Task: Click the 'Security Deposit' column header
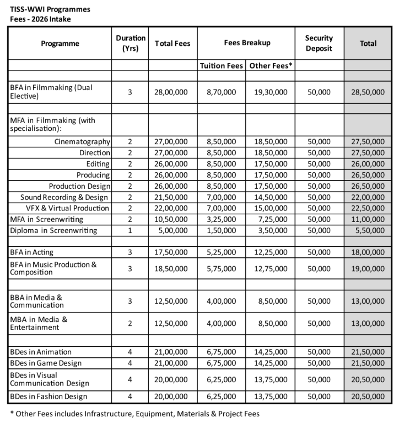tap(319, 43)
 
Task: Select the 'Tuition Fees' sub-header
tap(221, 66)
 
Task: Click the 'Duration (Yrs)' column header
tap(131, 43)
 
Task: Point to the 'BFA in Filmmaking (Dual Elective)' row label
tap(50, 92)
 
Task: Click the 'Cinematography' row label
tap(82, 142)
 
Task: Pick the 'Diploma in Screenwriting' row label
tap(53, 230)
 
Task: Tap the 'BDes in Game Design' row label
tap(46, 363)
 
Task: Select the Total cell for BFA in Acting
tap(368, 252)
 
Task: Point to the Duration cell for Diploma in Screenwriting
tap(131, 230)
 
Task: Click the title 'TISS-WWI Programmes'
tap(50, 9)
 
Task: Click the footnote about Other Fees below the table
tap(134, 413)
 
